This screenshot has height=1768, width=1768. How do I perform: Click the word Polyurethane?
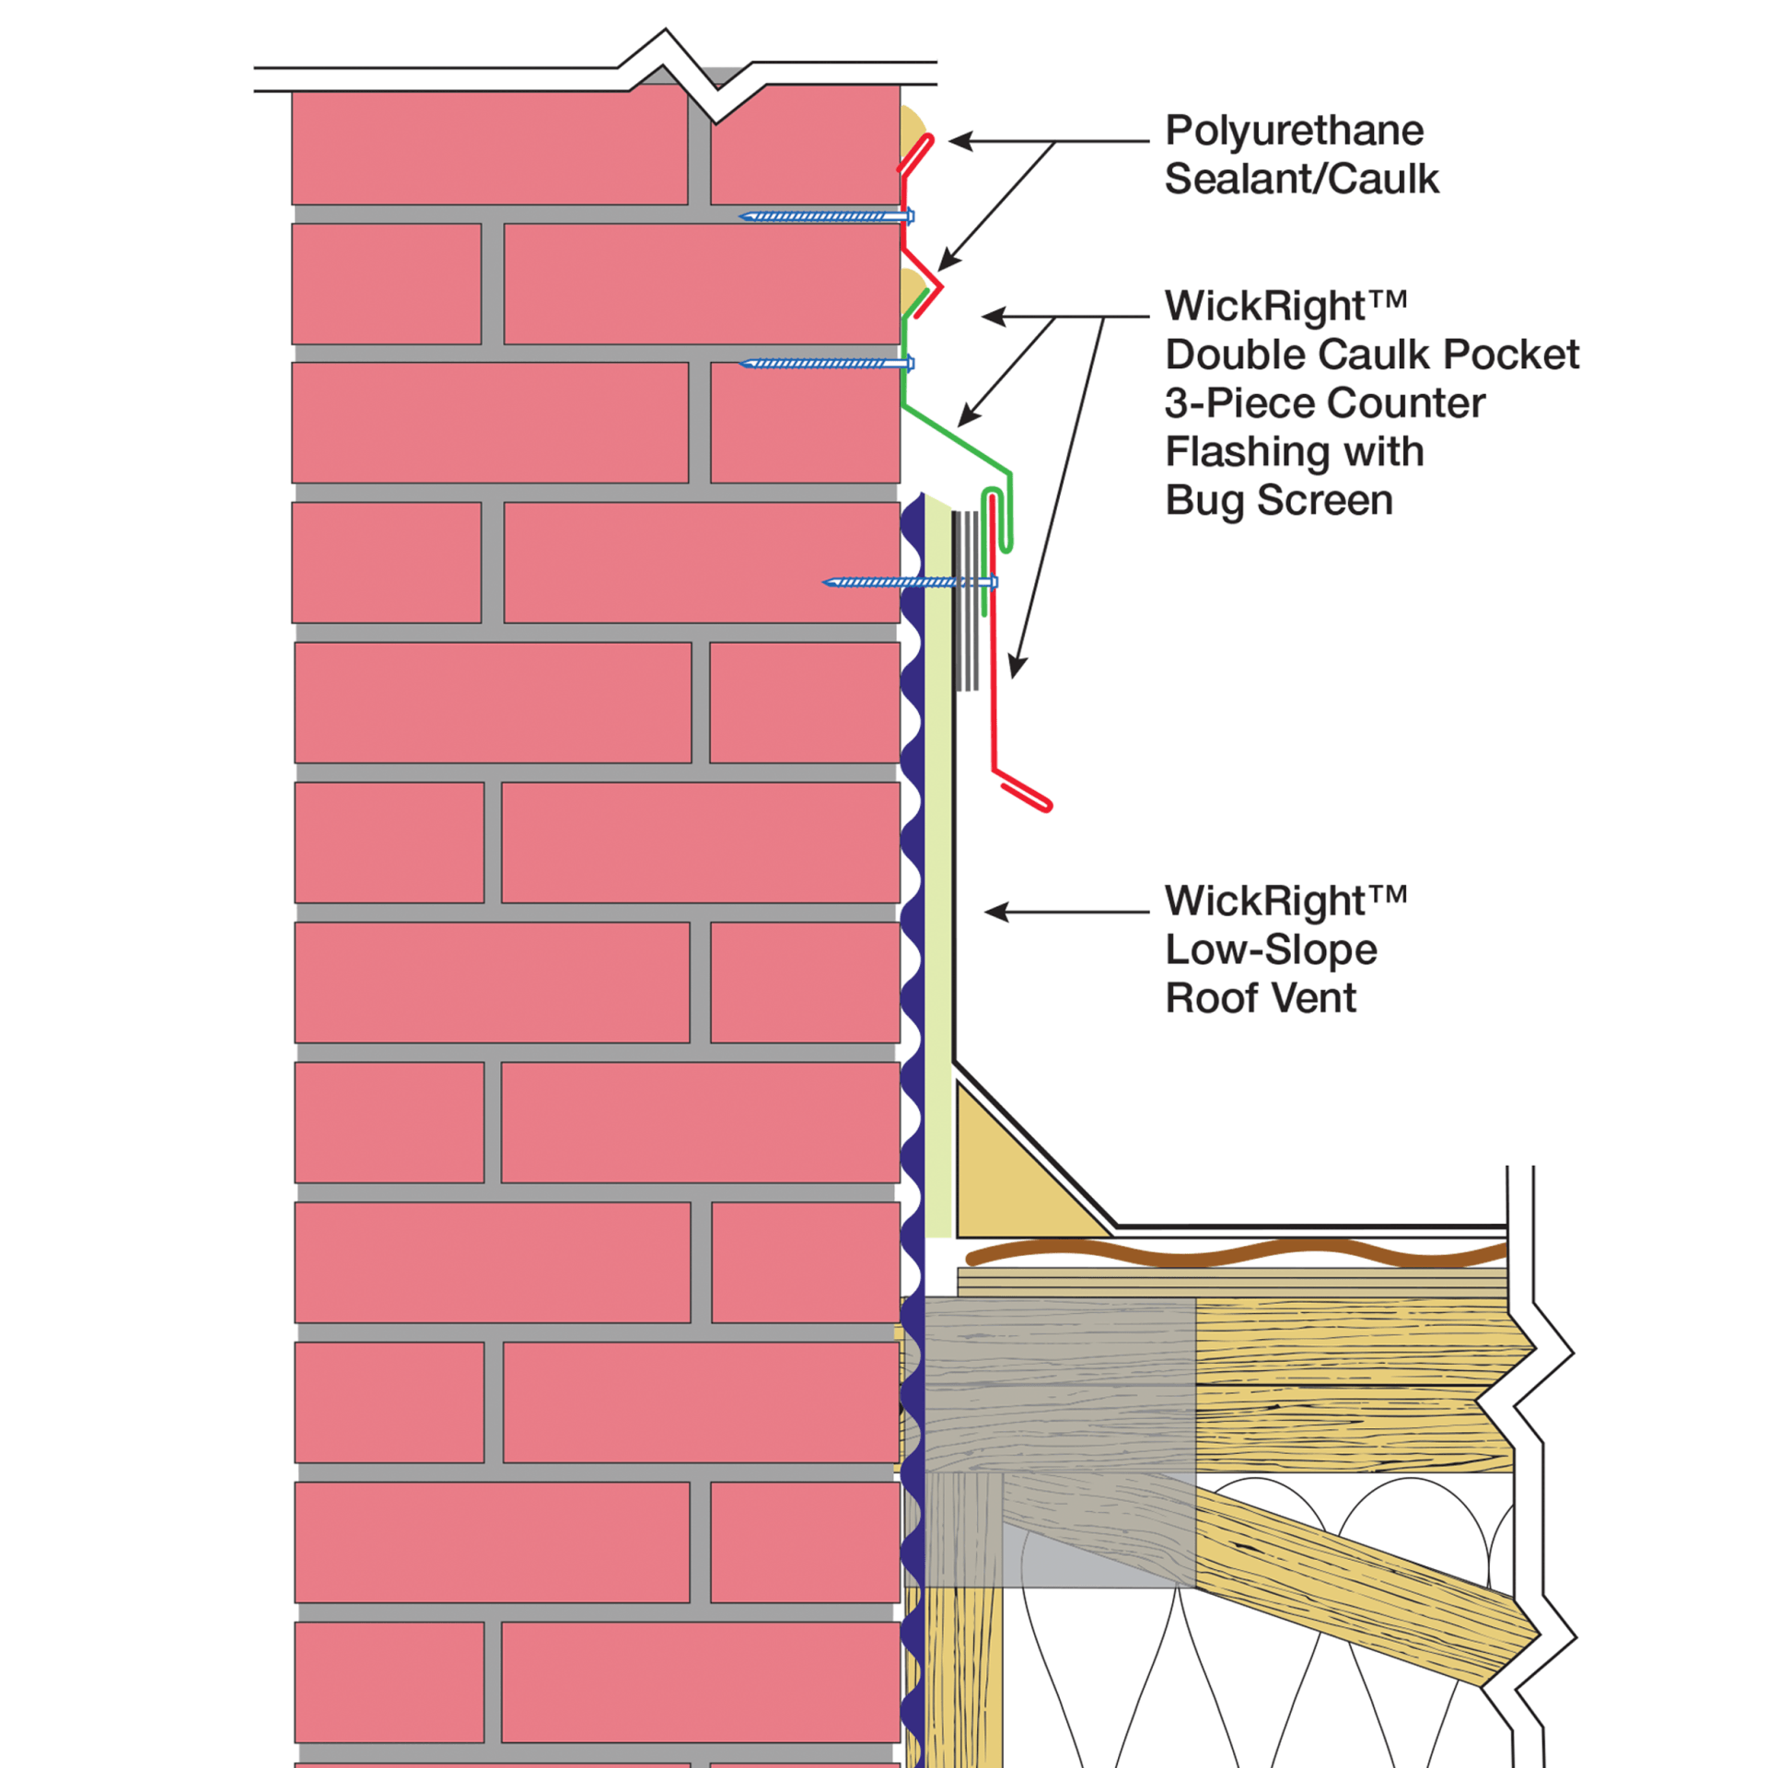click(x=1294, y=132)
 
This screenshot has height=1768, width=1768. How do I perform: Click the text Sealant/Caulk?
click(x=1301, y=180)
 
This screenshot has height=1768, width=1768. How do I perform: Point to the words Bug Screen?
click(x=1279, y=501)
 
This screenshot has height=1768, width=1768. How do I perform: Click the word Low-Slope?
click(x=1271, y=949)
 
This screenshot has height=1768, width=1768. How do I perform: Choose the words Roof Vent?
click(x=1261, y=998)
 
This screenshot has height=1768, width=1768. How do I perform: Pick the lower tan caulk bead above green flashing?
click(x=911, y=289)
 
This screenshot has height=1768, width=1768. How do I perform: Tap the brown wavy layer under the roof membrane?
click(x=1234, y=1252)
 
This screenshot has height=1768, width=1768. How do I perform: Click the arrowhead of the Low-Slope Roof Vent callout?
click(x=993, y=913)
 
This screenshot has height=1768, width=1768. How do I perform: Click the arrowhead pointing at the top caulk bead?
click(x=956, y=142)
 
